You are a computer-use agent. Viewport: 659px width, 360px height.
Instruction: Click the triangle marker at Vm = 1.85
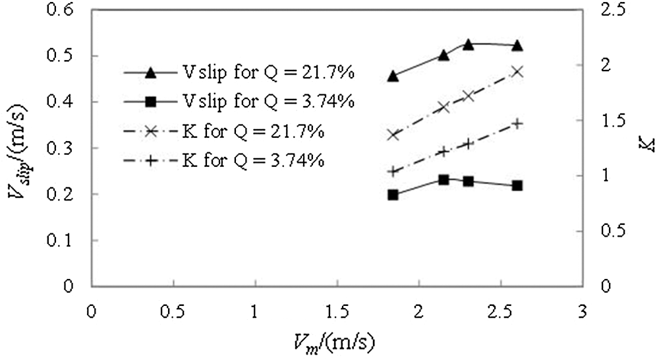click(x=393, y=76)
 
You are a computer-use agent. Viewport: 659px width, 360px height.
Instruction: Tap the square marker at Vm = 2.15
click(x=444, y=180)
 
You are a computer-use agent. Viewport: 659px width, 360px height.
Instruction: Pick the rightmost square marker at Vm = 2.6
click(x=517, y=186)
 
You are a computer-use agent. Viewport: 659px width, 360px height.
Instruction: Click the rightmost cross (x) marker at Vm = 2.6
click(x=517, y=71)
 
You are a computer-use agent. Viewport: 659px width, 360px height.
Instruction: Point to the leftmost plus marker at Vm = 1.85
click(x=393, y=171)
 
